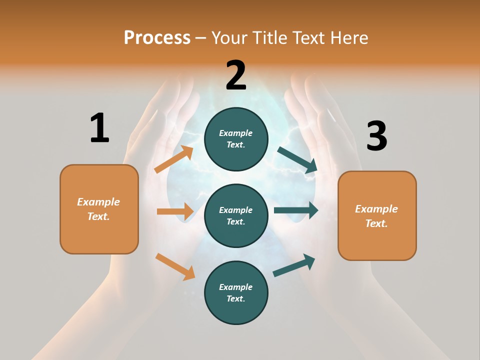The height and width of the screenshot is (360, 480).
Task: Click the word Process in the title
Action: tap(157, 37)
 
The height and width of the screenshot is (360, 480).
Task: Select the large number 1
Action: tap(99, 128)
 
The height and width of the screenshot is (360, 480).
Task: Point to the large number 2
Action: tap(236, 75)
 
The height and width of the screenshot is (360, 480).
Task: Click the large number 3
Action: tap(376, 136)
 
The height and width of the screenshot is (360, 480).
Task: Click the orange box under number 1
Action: tap(99, 209)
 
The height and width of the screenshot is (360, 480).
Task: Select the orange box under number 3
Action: tap(377, 215)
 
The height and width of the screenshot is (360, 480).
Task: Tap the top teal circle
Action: tap(236, 139)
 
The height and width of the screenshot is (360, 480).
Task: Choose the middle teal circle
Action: tap(236, 215)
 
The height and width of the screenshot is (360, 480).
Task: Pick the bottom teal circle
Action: tap(236, 292)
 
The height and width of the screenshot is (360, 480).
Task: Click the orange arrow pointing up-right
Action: tap(174, 159)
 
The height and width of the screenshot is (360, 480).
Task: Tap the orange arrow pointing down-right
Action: tap(175, 266)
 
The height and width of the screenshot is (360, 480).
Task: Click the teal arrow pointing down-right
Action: tap(297, 160)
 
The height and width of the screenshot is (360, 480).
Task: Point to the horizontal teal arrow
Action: tap(295, 210)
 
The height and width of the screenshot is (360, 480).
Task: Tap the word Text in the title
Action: tap(309, 37)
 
